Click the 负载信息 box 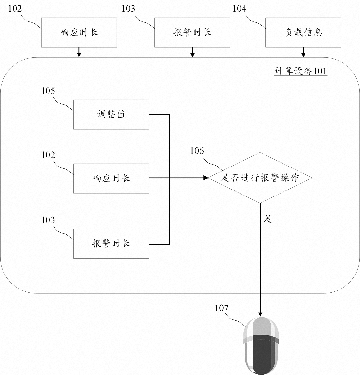coord(303,32)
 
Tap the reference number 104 coord(239,9)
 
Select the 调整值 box coord(111,114)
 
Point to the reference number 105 coord(48,91)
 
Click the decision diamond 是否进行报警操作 coord(260,178)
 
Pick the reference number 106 coord(197,151)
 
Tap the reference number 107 coord(221,308)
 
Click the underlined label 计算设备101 coord(300,72)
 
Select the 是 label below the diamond coord(268,219)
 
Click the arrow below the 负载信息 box coord(303,52)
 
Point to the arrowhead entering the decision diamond coord(206,178)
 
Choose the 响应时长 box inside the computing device coord(111,179)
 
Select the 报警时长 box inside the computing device coord(111,243)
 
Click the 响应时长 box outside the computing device coord(79,32)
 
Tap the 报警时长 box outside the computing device coord(192,32)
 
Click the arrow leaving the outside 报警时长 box coord(192,52)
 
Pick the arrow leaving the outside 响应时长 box coord(79,52)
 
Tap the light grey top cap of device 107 coord(262,326)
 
